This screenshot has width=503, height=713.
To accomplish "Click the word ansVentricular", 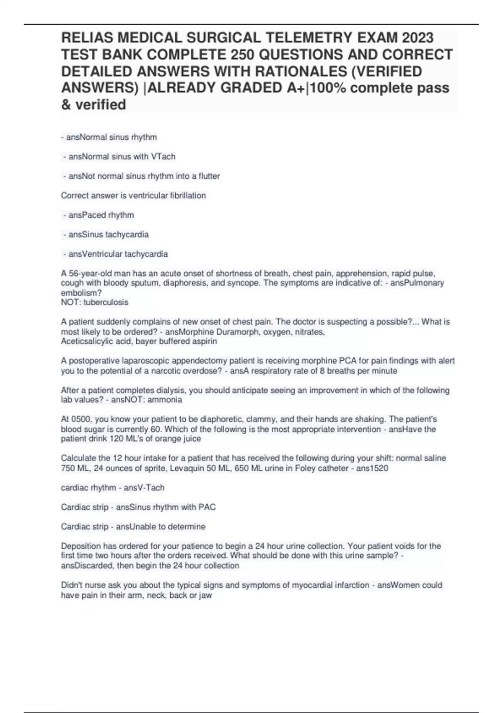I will tap(95, 254).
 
